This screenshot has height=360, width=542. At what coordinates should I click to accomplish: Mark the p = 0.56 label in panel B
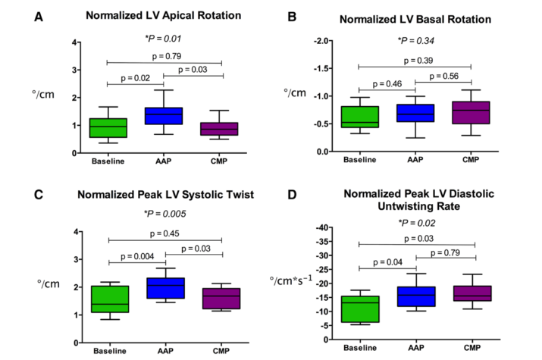click(x=444, y=76)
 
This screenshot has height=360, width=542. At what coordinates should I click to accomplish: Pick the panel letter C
click(x=39, y=195)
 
